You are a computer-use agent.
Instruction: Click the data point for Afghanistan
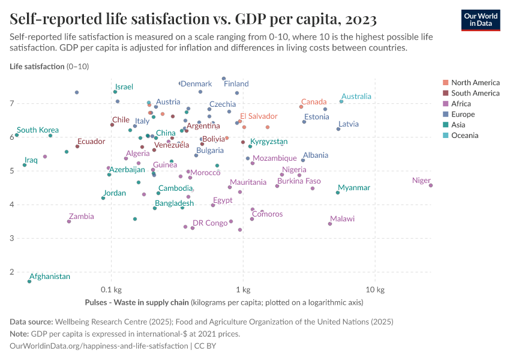pyautogui.click(x=29, y=281)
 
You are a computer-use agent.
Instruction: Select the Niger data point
pyautogui.click(x=431, y=185)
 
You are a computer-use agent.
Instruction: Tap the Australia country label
pyautogui.click(x=356, y=96)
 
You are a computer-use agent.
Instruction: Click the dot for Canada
pyautogui.click(x=301, y=107)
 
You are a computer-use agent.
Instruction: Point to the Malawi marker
pyautogui.click(x=330, y=224)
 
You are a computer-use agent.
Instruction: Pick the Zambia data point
pyautogui.click(x=69, y=221)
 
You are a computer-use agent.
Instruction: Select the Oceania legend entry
pyautogui.click(x=465, y=136)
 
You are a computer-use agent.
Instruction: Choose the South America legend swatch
pyautogui.click(x=445, y=93)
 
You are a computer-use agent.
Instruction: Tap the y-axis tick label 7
pyautogui.click(x=11, y=104)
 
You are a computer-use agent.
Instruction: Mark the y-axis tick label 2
pyautogui.click(x=11, y=272)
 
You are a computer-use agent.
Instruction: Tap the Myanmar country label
pyautogui.click(x=354, y=188)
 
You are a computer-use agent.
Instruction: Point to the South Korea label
pyautogui.click(x=38, y=130)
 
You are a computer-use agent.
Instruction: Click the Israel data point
pyautogui.click(x=115, y=92)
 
